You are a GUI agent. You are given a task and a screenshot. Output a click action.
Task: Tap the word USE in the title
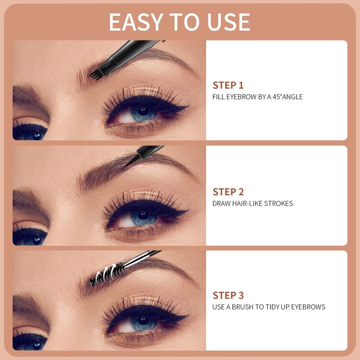pos(229,22)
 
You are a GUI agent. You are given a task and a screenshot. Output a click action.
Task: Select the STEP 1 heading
pos(228,85)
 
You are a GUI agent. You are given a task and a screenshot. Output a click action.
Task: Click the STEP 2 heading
pos(228,192)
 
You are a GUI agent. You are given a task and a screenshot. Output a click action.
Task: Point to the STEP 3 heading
pos(228,296)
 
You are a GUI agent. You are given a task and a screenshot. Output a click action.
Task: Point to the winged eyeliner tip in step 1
pos(188,106)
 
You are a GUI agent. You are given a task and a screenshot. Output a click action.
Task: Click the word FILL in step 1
pos(219,97)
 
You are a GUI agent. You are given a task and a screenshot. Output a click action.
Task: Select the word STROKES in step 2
pos(279,204)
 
